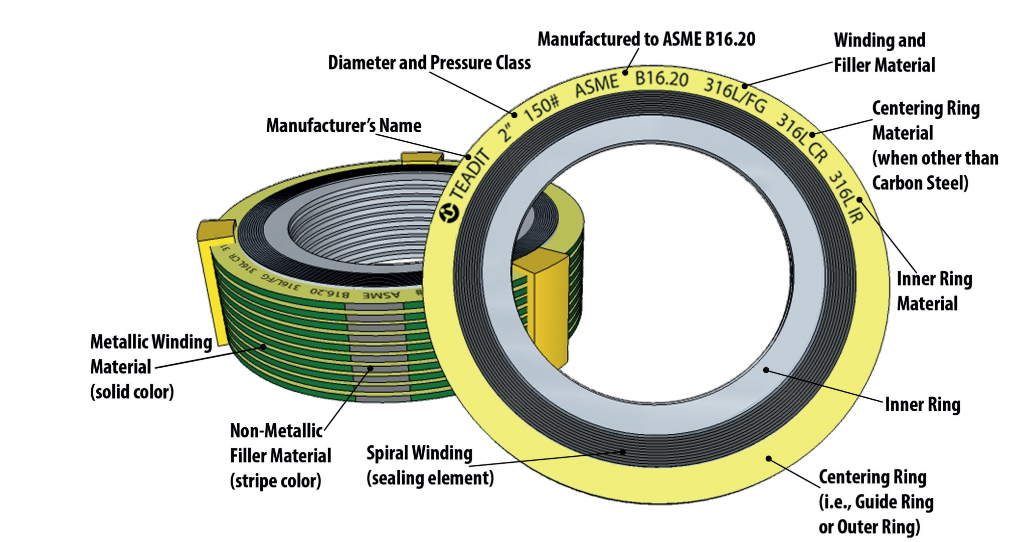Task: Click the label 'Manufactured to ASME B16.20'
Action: pyautogui.click(x=646, y=39)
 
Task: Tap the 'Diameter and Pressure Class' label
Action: pyautogui.click(x=429, y=63)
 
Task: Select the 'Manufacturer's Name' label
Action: pyautogui.click(x=344, y=126)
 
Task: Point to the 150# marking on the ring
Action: pyautogui.click(x=541, y=109)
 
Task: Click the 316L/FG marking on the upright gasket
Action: pyautogui.click(x=735, y=95)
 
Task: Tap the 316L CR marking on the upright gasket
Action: pyautogui.click(x=802, y=137)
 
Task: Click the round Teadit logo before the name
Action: pyautogui.click(x=449, y=213)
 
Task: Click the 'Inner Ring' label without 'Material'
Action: pyautogui.click(x=922, y=405)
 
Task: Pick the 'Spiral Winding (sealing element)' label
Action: pyautogui.click(x=429, y=465)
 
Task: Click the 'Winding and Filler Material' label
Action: pyautogui.click(x=884, y=53)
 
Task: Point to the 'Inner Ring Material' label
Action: pyautogui.click(x=934, y=291)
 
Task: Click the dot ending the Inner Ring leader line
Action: pyautogui.click(x=766, y=370)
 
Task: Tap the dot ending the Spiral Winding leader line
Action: pyautogui.click(x=623, y=452)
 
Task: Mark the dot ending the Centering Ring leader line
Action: pyautogui.click(x=768, y=458)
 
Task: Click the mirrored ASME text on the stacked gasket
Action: pyautogui.click(x=381, y=295)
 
